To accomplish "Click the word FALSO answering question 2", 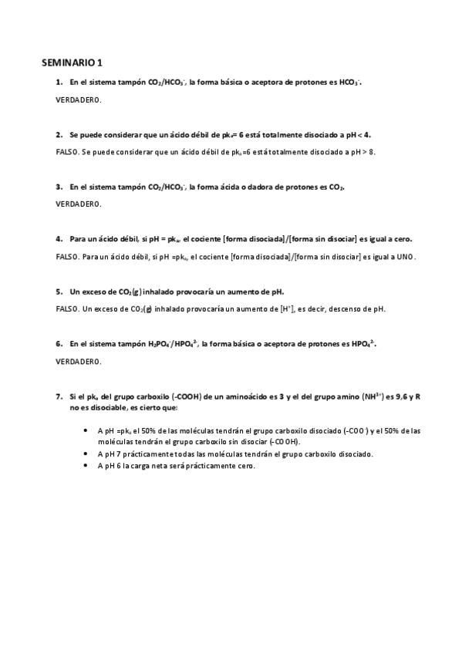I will tap(67, 151).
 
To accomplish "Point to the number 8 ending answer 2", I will tap(373, 151).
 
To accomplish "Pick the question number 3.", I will tap(59, 186).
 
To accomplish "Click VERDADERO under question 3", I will tap(79, 204).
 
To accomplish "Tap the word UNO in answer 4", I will tap(406, 257).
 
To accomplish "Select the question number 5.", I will tap(59, 292).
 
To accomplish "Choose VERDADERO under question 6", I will tap(79, 362).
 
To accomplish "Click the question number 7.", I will tap(59, 396).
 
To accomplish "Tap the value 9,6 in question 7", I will tap(398, 396).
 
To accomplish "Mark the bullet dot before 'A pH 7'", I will tap(83, 454).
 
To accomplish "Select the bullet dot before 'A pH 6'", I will tap(83, 466).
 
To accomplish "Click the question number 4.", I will tap(59, 239).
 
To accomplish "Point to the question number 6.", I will tap(59, 344).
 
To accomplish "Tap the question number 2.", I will tap(59, 133).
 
